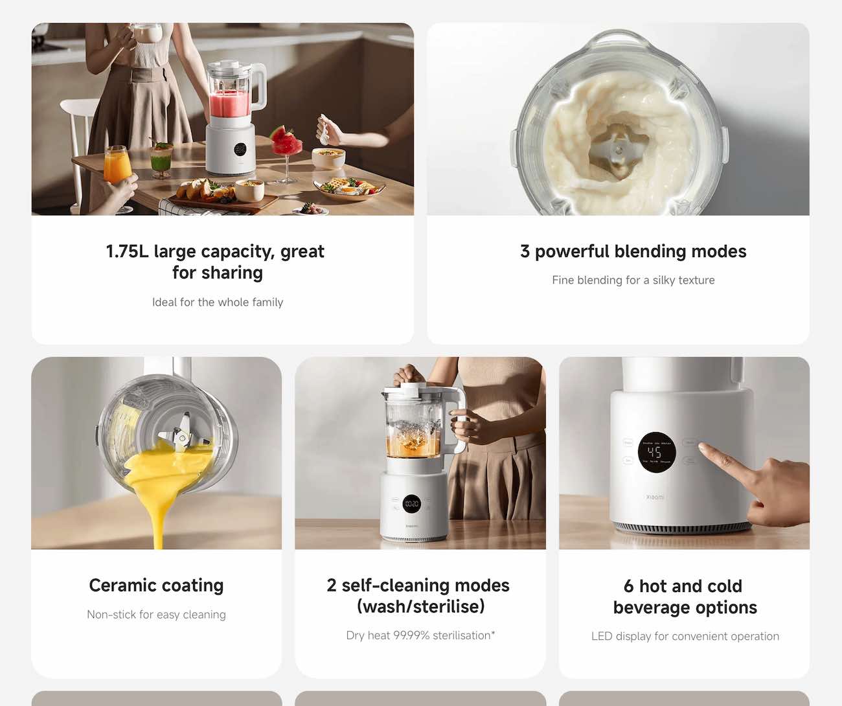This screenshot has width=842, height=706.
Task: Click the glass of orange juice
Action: tap(117, 166)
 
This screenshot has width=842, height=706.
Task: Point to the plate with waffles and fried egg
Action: tap(348, 188)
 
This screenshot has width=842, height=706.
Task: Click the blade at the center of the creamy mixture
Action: tap(617, 151)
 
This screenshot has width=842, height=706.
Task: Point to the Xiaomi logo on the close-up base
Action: tap(655, 497)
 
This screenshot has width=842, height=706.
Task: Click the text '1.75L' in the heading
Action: tap(128, 251)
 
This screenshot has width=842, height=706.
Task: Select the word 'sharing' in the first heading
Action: tap(232, 273)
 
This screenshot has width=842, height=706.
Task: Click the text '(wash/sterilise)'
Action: tap(420, 607)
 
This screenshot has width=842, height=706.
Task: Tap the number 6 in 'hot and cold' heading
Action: tap(629, 586)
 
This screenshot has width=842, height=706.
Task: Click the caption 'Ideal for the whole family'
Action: tap(218, 302)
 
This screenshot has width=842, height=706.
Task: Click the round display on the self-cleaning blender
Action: tap(412, 504)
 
